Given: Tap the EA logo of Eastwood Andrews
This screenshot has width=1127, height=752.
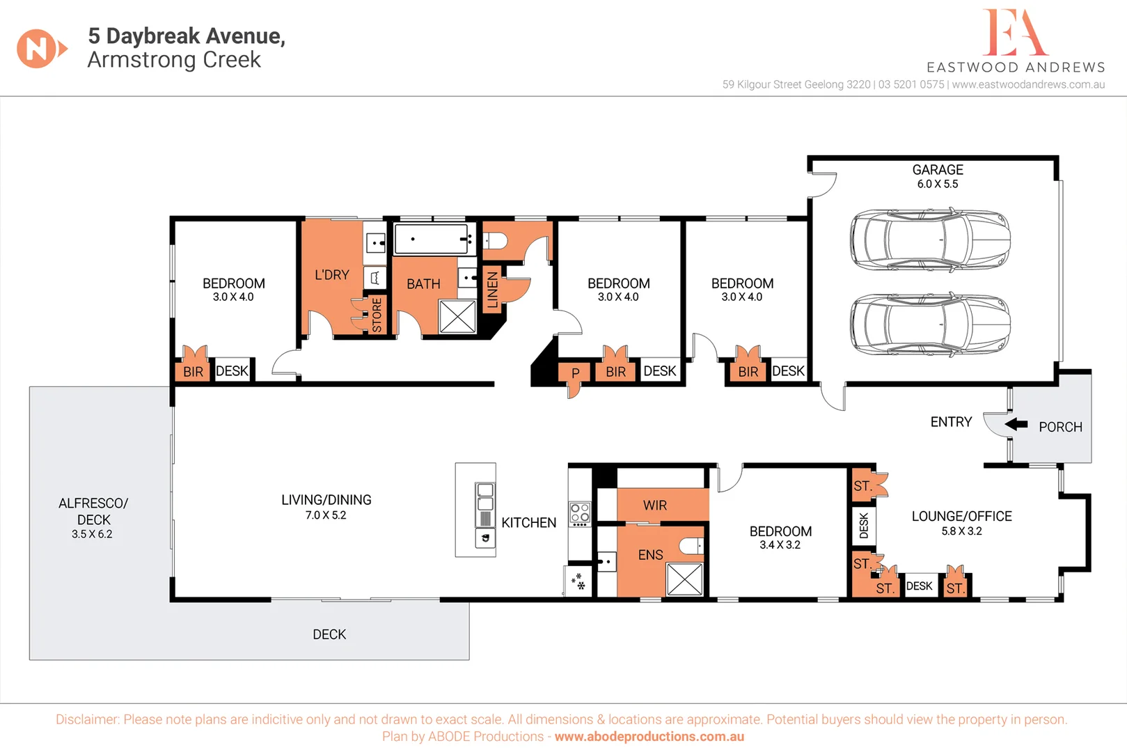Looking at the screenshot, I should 1015,33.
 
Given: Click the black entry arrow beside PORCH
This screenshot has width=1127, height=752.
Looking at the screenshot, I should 1016,424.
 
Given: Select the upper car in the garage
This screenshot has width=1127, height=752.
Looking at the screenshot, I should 931,239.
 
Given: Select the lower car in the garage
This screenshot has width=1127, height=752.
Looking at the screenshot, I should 931,324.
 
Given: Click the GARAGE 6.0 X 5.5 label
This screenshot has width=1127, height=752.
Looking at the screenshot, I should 937,176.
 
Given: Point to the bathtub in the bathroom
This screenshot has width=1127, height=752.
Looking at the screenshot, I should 432,239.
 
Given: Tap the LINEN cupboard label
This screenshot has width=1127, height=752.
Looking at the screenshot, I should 492,290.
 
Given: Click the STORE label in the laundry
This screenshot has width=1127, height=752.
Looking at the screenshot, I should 377,315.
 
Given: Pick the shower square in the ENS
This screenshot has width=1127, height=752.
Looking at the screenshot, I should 685,579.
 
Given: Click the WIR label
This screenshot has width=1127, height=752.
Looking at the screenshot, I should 654,506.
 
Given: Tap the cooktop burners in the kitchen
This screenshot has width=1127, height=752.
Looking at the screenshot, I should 580,514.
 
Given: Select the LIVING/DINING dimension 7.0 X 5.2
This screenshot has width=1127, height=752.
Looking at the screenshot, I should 326,515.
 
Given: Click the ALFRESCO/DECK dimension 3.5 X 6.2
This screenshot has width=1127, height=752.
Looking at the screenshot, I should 92,534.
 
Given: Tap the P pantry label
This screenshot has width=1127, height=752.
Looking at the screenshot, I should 575,373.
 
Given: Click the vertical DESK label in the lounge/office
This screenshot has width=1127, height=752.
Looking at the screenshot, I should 864,526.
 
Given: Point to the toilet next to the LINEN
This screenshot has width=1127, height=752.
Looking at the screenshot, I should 495,241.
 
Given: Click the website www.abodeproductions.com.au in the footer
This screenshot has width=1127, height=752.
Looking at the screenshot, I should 649,737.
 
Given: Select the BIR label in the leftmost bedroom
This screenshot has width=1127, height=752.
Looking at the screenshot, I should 193,372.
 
